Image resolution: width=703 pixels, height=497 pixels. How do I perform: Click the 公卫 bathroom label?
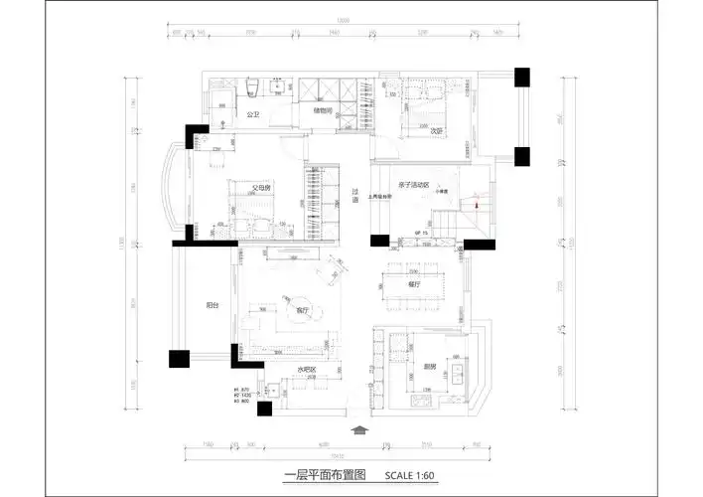(x=252, y=115)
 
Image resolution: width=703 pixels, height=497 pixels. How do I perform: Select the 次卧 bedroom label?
(x=436, y=130)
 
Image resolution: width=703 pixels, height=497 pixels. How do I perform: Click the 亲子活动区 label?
(x=412, y=185)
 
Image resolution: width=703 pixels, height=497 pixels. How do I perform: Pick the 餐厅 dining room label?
(x=414, y=283)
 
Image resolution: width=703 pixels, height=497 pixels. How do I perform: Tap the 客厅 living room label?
(x=303, y=311)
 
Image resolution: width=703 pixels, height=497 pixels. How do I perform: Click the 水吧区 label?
(x=306, y=370)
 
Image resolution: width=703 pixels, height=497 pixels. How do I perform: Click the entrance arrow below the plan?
(x=360, y=430)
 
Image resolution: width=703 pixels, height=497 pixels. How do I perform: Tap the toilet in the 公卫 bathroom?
(x=255, y=88)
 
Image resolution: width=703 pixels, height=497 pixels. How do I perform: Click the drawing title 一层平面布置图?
(x=326, y=476)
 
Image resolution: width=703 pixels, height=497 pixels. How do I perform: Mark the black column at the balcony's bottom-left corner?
(x=178, y=359)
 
